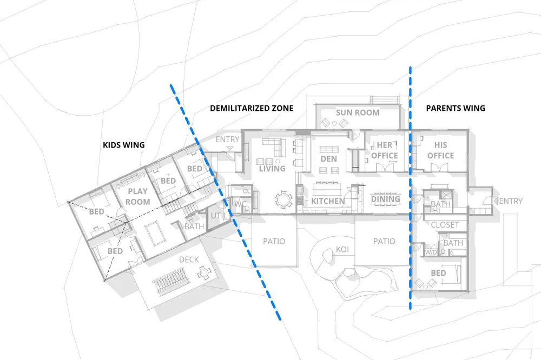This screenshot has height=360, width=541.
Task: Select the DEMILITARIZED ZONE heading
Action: [x=252, y=108]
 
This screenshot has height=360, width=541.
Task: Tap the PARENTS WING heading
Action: [x=456, y=108]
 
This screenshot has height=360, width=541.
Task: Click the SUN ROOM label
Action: [x=358, y=112]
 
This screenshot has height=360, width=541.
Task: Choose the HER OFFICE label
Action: [x=384, y=150]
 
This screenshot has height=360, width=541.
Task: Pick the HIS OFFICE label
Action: [x=440, y=150]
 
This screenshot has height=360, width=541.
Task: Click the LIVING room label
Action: [x=272, y=169]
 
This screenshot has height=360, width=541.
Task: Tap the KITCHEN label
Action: [x=328, y=201]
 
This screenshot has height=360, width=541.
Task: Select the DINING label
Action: [x=385, y=199]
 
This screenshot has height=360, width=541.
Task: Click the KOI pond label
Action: [x=342, y=250]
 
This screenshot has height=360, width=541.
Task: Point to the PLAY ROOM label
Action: [x=138, y=197]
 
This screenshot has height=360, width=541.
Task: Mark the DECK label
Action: [x=188, y=259]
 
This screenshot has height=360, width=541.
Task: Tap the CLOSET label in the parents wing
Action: [x=445, y=225]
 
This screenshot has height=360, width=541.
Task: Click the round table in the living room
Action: [x=282, y=199]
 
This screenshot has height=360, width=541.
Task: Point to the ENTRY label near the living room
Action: [x=227, y=140]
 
